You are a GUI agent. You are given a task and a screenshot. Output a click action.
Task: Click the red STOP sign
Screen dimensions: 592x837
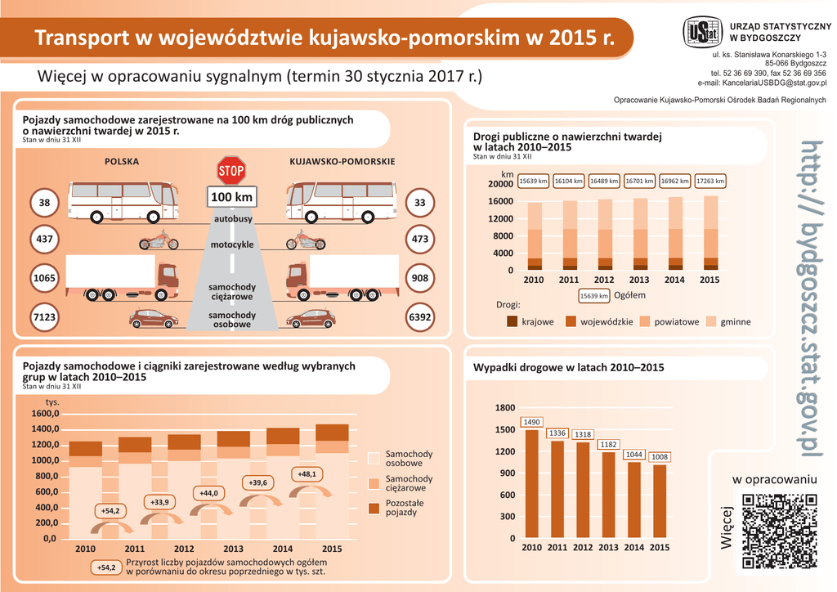click(x=231, y=171)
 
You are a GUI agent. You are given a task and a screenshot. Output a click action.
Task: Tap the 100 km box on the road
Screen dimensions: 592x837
click(x=231, y=198)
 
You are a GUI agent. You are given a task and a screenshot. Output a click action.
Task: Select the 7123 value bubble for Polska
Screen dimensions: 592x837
click(x=44, y=316)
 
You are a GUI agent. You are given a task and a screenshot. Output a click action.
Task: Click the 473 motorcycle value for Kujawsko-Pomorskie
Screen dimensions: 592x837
click(x=420, y=240)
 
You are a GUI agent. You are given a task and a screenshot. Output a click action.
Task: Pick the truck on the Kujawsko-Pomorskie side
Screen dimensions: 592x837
click(x=342, y=277)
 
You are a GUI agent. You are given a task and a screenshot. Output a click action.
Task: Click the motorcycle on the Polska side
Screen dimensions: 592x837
click(x=159, y=242)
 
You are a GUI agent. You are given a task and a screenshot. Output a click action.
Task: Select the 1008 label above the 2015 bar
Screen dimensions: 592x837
click(x=659, y=457)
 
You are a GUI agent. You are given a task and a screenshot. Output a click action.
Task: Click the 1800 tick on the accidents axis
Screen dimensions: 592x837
click(x=505, y=408)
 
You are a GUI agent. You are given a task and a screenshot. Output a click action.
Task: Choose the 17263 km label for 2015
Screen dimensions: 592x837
click(x=709, y=181)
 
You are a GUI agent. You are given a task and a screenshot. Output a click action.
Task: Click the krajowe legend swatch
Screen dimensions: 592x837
click(x=512, y=321)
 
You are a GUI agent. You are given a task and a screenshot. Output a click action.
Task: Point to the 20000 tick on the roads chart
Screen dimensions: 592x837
click(x=501, y=185)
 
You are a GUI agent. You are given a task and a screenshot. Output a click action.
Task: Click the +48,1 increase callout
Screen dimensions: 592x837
click(x=307, y=473)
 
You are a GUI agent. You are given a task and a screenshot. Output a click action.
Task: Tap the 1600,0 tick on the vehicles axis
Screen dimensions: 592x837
click(x=43, y=414)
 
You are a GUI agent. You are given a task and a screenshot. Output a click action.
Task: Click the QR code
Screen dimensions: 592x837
click(x=779, y=531)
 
